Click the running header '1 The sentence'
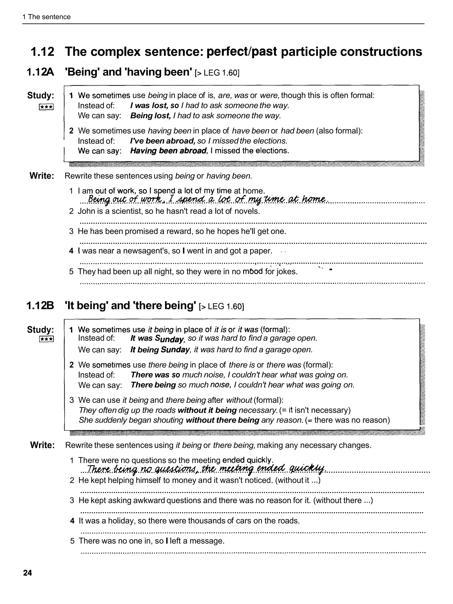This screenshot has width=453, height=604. click(46, 17)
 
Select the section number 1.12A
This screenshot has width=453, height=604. click(40, 72)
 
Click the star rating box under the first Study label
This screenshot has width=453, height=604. click(46, 107)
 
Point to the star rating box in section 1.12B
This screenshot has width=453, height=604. click(46, 339)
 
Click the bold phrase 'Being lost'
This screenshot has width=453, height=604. click(150, 116)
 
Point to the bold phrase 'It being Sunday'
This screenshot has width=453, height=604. click(160, 350)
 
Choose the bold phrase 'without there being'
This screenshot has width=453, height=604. click(222, 420)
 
